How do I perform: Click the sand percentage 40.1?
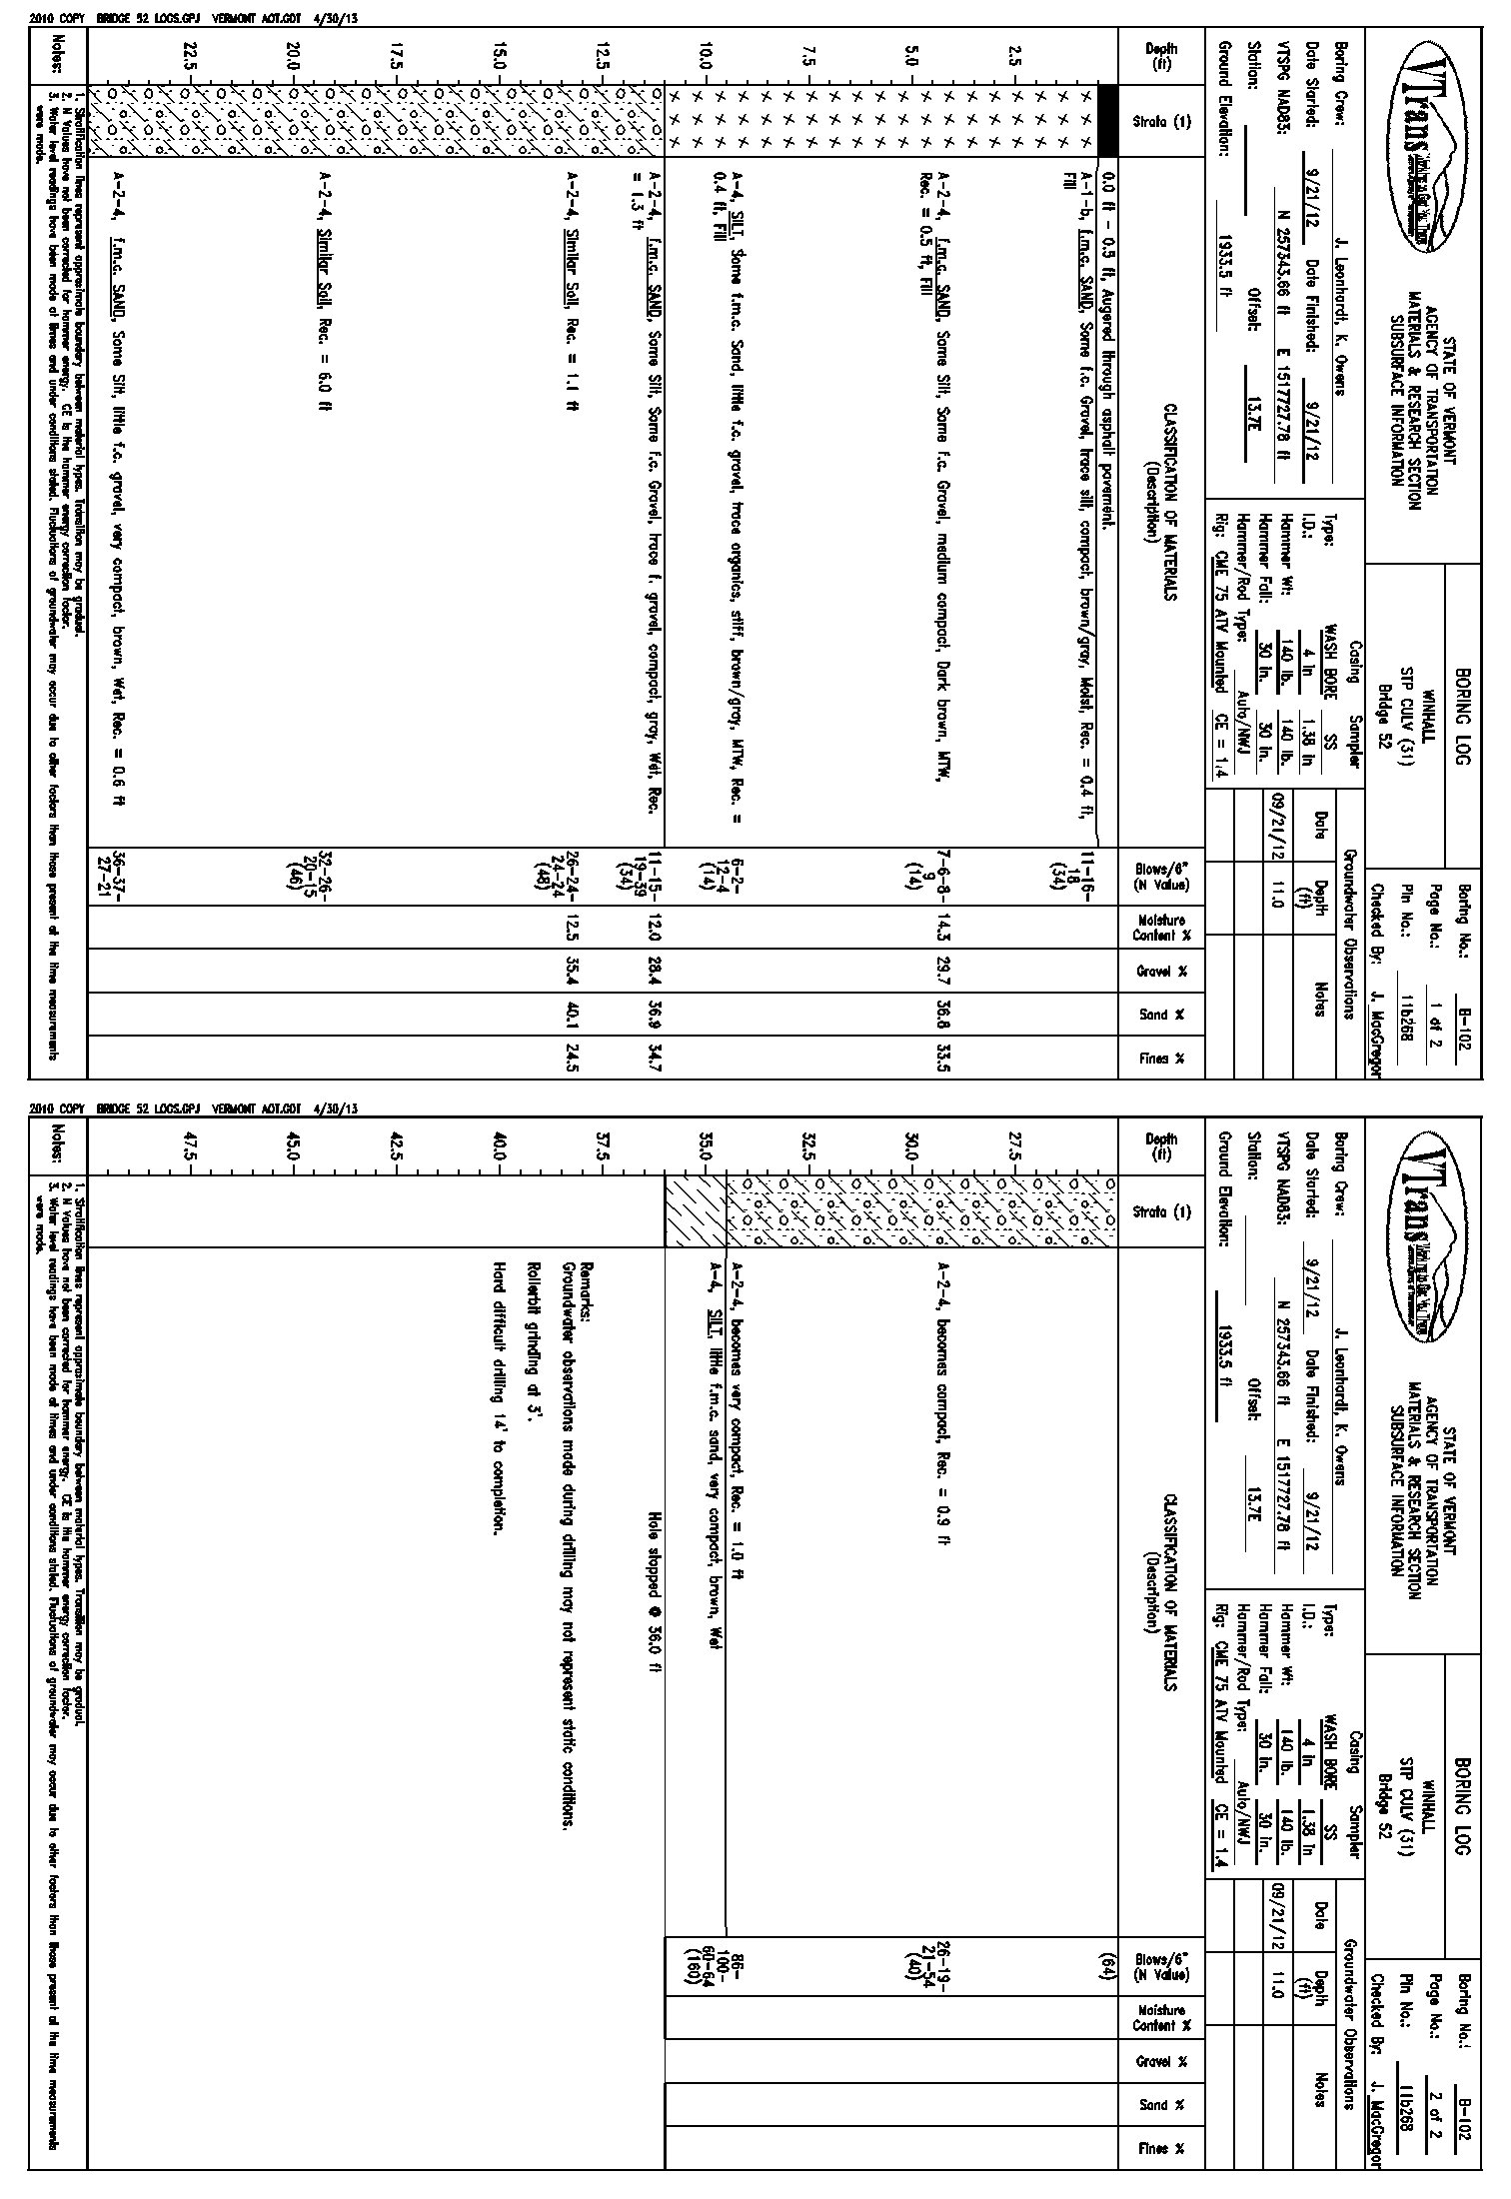pos(570,1015)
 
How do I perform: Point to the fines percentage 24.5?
pos(570,1058)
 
